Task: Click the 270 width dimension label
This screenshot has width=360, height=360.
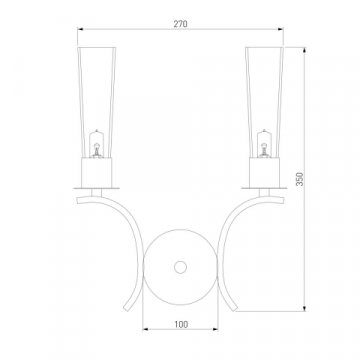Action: (180, 24)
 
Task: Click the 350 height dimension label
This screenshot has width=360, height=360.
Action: (300, 179)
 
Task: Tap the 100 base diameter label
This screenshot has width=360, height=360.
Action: (181, 324)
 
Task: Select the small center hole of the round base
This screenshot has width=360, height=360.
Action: (180, 267)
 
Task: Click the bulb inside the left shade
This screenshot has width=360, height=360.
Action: (96, 144)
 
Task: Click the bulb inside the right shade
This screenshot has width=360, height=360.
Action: (264, 144)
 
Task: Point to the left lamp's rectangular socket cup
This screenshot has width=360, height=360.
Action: (97, 172)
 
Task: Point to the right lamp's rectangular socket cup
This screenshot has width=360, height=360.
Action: (264, 172)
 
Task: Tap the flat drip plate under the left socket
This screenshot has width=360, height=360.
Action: (97, 188)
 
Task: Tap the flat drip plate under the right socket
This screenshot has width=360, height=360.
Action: (264, 188)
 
